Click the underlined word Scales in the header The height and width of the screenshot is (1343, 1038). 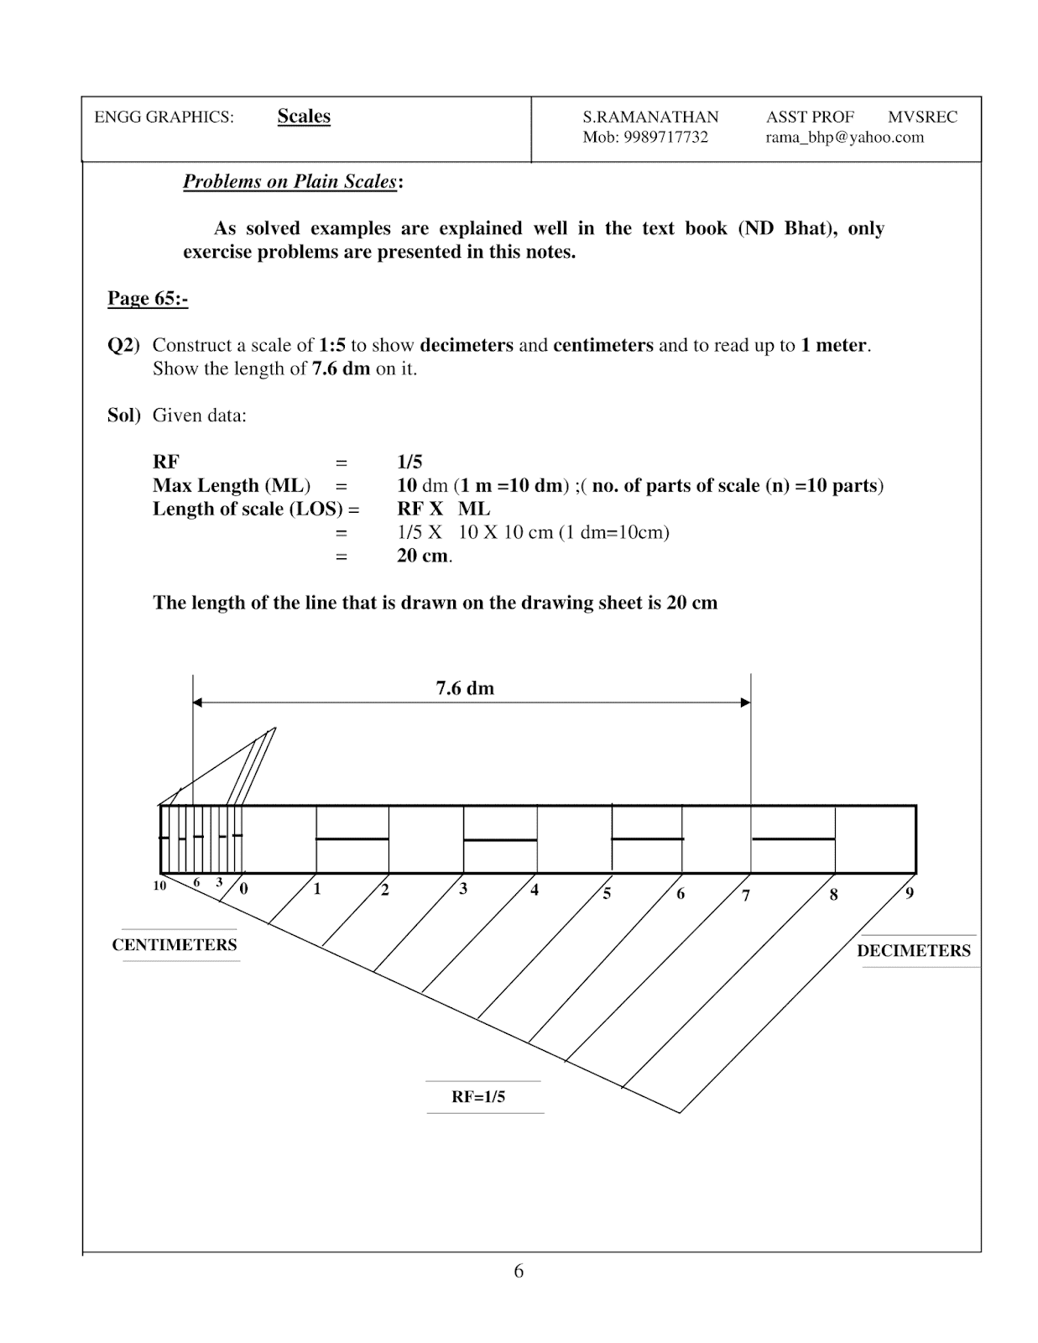tap(304, 117)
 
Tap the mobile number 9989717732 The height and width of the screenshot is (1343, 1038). tap(665, 138)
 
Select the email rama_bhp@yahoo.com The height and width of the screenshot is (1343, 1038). tap(844, 138)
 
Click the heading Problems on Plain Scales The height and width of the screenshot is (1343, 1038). tap(289, 182)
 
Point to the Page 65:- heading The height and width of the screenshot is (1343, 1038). tap(148, 299)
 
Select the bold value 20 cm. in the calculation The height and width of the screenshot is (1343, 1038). tap(425, 556)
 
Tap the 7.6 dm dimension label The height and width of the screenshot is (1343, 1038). tap(465, 688)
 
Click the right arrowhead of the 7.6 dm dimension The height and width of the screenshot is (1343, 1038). tap(745, 703)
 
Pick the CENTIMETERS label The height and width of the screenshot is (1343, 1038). tap(175, 945)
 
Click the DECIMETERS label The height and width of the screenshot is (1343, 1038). tap(913, 951)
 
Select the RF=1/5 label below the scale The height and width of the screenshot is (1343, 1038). tap(478, 1097)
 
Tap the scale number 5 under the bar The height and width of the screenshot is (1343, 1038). tap(607, 894)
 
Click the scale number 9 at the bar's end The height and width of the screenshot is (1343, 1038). tap(910, 893)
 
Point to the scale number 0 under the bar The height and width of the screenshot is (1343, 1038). tap(244, 889)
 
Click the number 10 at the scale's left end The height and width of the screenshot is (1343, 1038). tap(159, 886)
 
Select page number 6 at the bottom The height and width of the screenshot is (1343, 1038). tap(519, 1272)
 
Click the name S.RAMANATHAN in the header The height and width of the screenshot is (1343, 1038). tap(650, 118)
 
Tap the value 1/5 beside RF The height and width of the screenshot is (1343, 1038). tap(409, 462)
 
